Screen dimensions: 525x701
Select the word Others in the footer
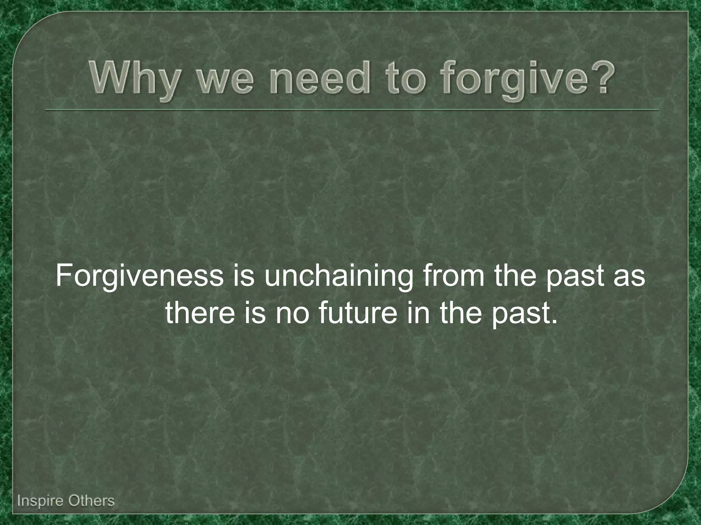pos(91,501)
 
